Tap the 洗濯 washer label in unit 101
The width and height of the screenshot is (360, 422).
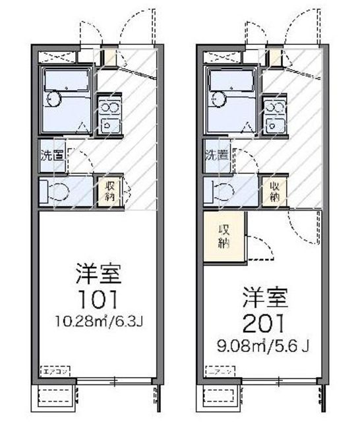(x=51, y=157)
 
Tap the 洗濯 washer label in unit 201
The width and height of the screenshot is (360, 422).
(x=216, y=157)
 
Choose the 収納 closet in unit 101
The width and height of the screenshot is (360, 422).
(x=108, y=192)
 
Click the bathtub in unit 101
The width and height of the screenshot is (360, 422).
(x=66, y=80)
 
